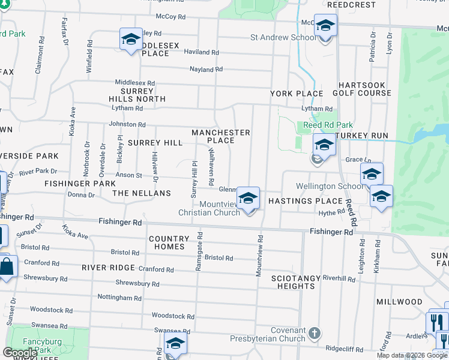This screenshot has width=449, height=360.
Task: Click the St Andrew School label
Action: click(283, 37)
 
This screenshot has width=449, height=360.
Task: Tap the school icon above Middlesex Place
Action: click(131, 40)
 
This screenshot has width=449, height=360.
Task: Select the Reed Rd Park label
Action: click(328, 125)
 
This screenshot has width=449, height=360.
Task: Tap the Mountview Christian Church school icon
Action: click(248, 199)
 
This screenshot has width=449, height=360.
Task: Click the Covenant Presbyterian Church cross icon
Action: click(315, 333)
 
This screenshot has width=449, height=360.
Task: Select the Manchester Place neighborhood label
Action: click(220, 136)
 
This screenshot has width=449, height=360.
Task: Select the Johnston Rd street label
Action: click(127, 124)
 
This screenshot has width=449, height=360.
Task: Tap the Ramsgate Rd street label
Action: click(199, 251)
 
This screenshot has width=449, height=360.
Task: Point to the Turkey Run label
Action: click(362, 136)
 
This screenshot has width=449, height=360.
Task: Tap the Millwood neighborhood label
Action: click(396, 301)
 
